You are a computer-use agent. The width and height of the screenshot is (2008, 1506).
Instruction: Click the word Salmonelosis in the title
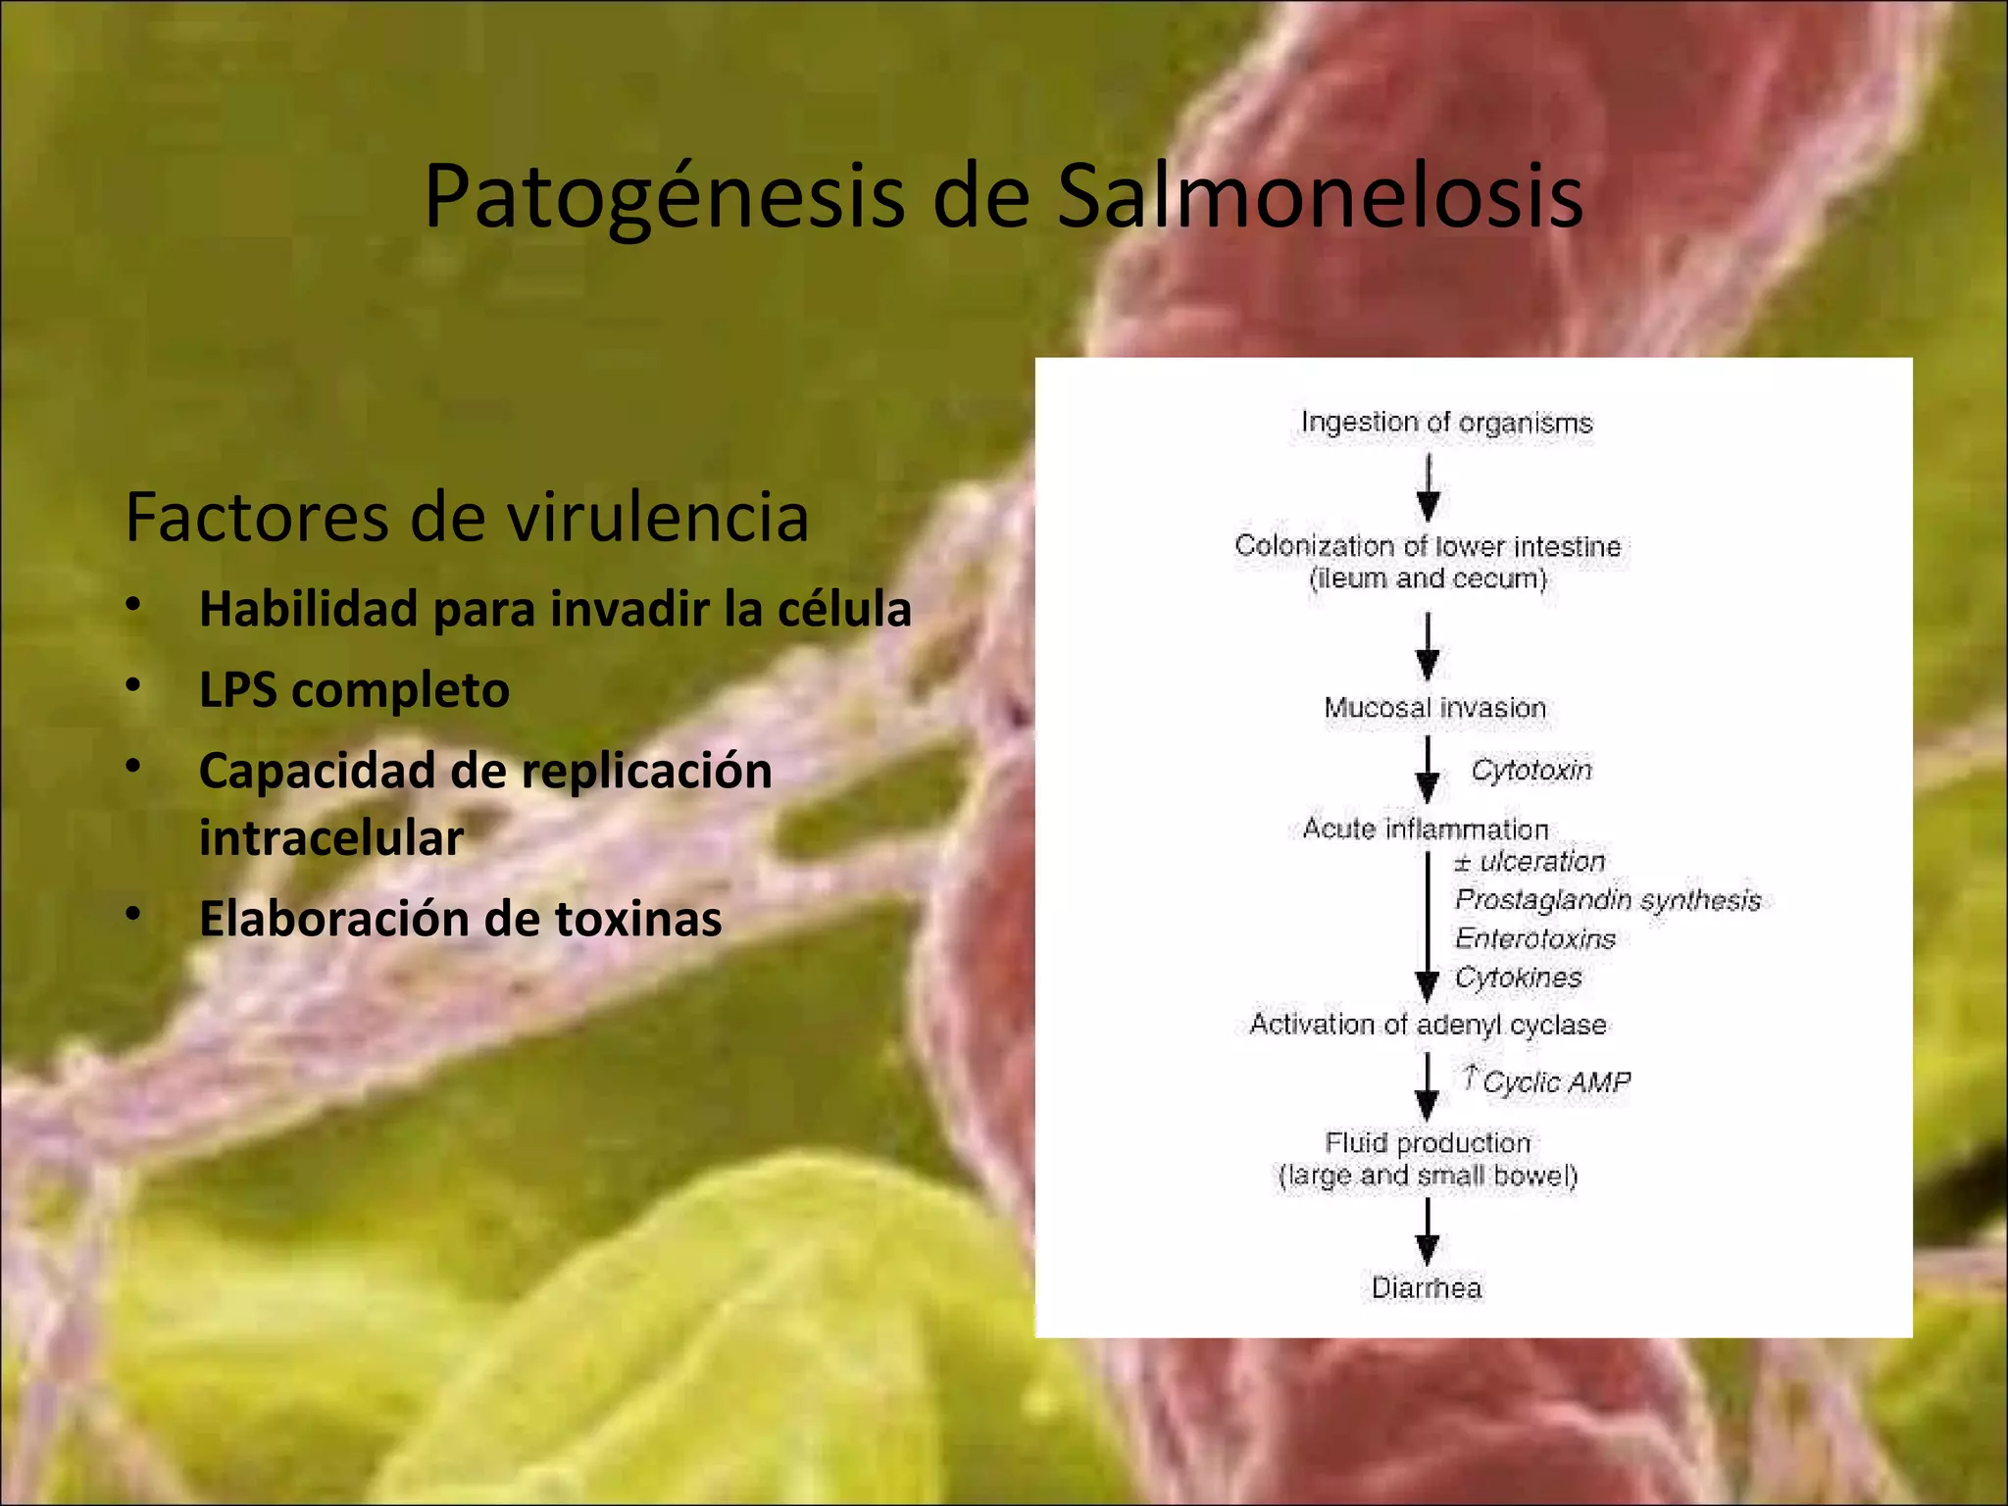click(x=1320, y=196)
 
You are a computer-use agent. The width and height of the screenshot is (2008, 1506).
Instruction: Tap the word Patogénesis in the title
click(x=664, y=198)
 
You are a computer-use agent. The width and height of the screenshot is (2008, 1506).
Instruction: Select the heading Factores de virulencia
click(x=467, y=517)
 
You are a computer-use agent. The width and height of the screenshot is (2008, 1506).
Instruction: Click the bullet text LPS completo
click(x=354, y=690)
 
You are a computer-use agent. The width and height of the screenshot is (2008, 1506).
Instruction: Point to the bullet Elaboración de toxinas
click(x=460, y=919)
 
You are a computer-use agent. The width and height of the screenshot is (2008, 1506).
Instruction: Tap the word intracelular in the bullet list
click(x=330, y=838)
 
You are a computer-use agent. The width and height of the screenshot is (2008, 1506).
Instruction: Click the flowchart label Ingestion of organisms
click(x=1446, y=423)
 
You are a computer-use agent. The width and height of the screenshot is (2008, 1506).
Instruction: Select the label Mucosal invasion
click(x=1434, y=708)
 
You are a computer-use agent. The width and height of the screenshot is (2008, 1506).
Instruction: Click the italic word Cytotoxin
click(x=1531, y=771)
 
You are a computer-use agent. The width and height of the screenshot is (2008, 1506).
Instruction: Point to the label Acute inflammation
click(x=1426, y=829)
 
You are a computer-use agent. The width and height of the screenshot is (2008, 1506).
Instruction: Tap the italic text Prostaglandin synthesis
click(x=1608, y=900)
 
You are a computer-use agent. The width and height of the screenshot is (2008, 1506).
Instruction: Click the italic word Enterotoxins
click(x=1534, y=939)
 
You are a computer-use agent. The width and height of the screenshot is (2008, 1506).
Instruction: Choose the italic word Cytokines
click(x=1518, y=978)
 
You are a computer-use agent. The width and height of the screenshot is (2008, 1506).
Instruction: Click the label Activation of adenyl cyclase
click(x=1428, y=1025)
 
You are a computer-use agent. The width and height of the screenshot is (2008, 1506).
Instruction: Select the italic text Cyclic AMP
click(x=1555, y=1082)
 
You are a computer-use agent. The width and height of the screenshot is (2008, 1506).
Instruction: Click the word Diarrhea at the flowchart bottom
click(x=1427, y=1288)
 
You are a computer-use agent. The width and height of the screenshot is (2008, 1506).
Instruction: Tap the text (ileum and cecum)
click(x=1428, y=578)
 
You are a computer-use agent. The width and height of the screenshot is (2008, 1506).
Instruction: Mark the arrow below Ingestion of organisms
click(x=1429, y=487)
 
